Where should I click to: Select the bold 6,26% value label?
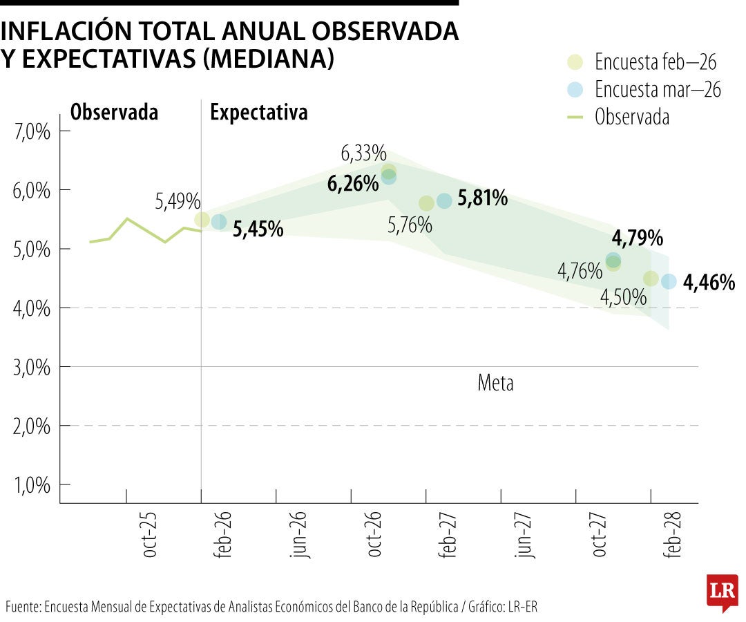coord(353,184)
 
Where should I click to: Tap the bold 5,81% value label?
coord(482,199)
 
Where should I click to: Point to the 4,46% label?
coord(708,282)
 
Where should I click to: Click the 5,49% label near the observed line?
coord(178,202)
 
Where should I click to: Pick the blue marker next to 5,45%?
coord(219,222)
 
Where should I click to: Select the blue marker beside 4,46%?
coord(669,281)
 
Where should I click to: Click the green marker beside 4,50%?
coord(651,279)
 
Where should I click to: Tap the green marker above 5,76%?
coord(426,203)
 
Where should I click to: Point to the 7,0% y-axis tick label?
coord(32,131)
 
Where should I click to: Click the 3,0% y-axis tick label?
coord(32,367)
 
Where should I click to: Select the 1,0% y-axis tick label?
coord(32,485)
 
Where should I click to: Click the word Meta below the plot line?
coord(495,383)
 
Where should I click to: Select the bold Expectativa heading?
coord(259,113)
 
